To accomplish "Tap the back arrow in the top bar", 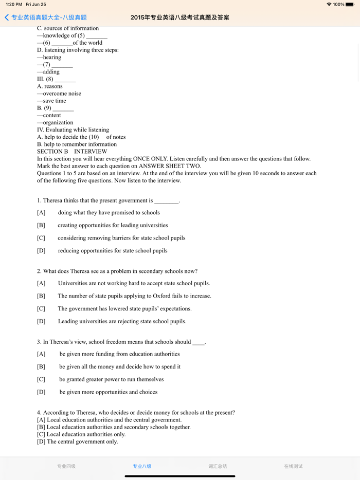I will click(x=7, y=17).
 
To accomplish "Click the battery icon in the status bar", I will click(x=350, y=5).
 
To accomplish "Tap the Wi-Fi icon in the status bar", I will click(x=329, y=5).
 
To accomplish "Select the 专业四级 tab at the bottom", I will click(x=66, y=466).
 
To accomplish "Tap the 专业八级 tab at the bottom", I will click(x=142, y=466).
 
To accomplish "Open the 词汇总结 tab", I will click(x=218, y=466).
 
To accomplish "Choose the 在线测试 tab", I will click(x=293, y=466).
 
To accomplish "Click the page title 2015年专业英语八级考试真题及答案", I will click(x=180, y=17).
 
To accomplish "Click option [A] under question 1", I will click(x=41, y=213).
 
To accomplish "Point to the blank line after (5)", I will click(x=97, y=36).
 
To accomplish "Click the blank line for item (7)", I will click(x=62, y=65).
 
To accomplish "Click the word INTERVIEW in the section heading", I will click(x=91, y=152).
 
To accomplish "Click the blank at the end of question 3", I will click(x=199, y=343).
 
